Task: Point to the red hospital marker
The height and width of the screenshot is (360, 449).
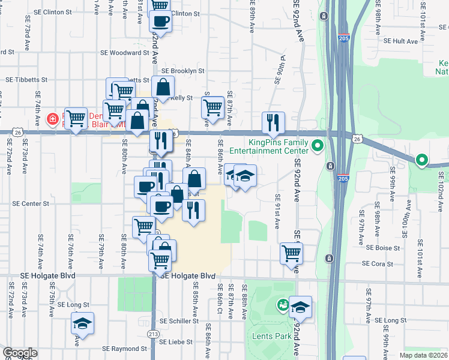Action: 53,119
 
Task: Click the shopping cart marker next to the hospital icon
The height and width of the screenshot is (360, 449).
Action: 76,119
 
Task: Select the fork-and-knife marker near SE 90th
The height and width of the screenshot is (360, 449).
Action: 273,122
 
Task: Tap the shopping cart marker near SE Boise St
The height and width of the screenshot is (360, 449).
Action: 291,253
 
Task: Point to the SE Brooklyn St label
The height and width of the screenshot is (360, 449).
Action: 184,71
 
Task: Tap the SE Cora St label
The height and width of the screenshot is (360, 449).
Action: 378,263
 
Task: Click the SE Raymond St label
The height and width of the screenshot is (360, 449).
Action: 124,348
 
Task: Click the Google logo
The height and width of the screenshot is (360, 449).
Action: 20,353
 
